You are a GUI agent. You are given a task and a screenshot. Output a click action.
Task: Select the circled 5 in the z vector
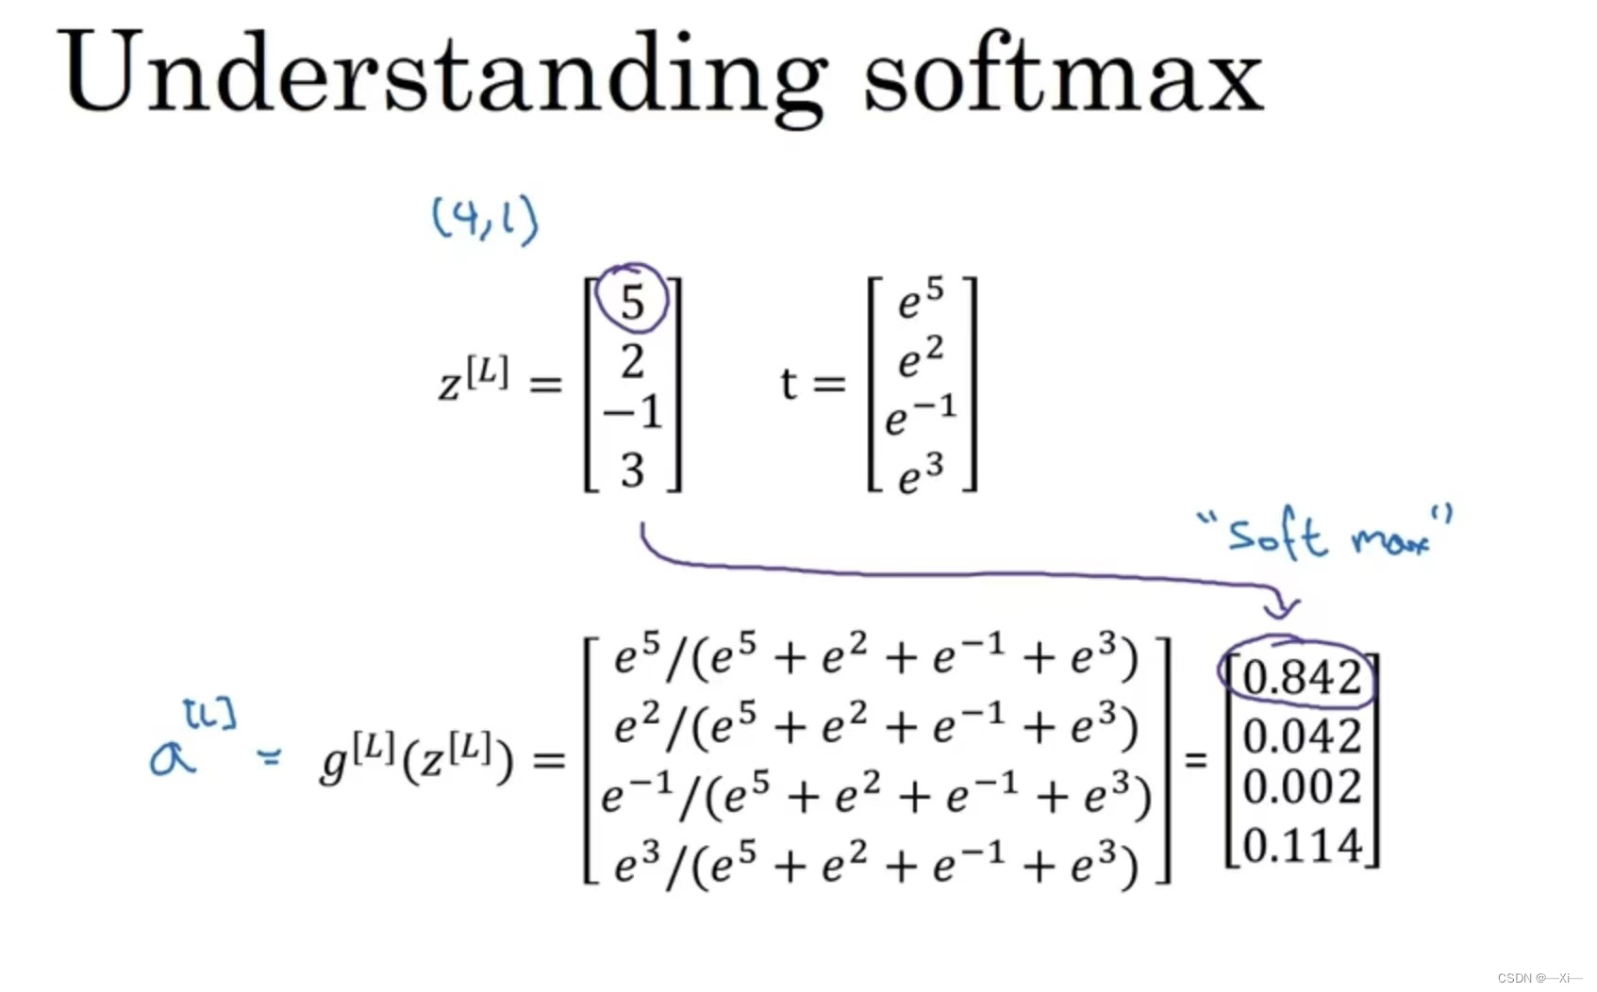point(632,302)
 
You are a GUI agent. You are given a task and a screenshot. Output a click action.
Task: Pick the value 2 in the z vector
point(632,362)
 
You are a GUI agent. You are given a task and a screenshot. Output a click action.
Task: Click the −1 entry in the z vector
point(634,412)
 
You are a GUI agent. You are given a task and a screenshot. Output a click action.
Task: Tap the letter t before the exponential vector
point(789,384)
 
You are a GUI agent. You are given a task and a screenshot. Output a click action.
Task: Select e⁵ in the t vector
point(921,299)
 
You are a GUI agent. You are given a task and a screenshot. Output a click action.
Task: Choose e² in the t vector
point(921,357)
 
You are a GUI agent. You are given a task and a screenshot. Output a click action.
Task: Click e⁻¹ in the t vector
point(921,416)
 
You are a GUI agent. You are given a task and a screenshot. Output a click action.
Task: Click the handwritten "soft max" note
point(1326,535)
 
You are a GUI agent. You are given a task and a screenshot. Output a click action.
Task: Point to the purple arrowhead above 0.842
point(1282,604)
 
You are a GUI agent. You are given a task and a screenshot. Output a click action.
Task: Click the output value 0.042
point(1302,736)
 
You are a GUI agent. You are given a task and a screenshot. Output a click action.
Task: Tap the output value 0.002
point(1302,786)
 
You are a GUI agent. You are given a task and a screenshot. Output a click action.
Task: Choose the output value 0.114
point(1302,845)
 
